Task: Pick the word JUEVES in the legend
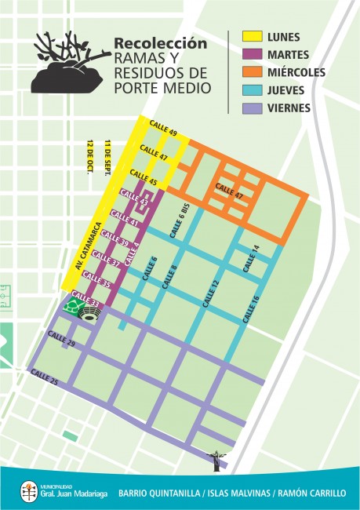click(x=288, y=90)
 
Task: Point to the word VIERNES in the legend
click(x=289, y=108)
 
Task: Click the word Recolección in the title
click(x=161, y=44)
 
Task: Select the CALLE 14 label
click(x=249, y=259)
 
